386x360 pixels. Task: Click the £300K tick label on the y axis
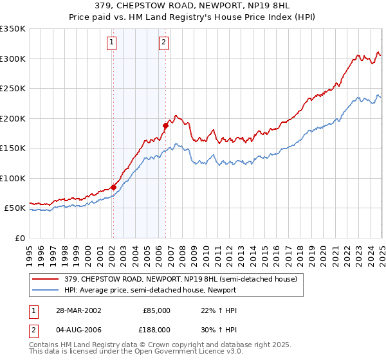(13, 59)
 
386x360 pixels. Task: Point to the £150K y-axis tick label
(13, 148)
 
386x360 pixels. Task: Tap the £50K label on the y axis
(15, 208)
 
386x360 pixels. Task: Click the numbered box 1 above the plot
(112, 43)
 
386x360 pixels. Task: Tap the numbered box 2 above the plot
(163, 43)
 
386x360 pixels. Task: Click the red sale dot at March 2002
(114, 187)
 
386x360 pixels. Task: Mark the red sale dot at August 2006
(165, 126)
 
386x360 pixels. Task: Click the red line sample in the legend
(46, 279)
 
